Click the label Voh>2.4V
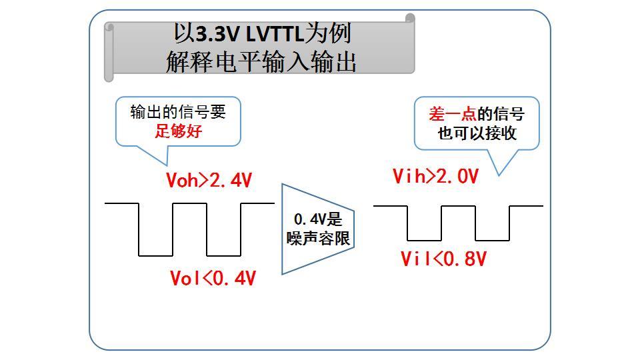[209, 180]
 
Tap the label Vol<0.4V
[213, 278]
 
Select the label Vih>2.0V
[435, 177]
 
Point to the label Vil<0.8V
[443, 259]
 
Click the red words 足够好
[178, 131]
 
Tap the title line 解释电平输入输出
[261, 61]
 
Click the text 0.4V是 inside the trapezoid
[317, 219]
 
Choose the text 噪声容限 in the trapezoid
[318, 238]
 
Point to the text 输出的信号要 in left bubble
[178, 111]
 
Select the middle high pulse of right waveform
[458, 207]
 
